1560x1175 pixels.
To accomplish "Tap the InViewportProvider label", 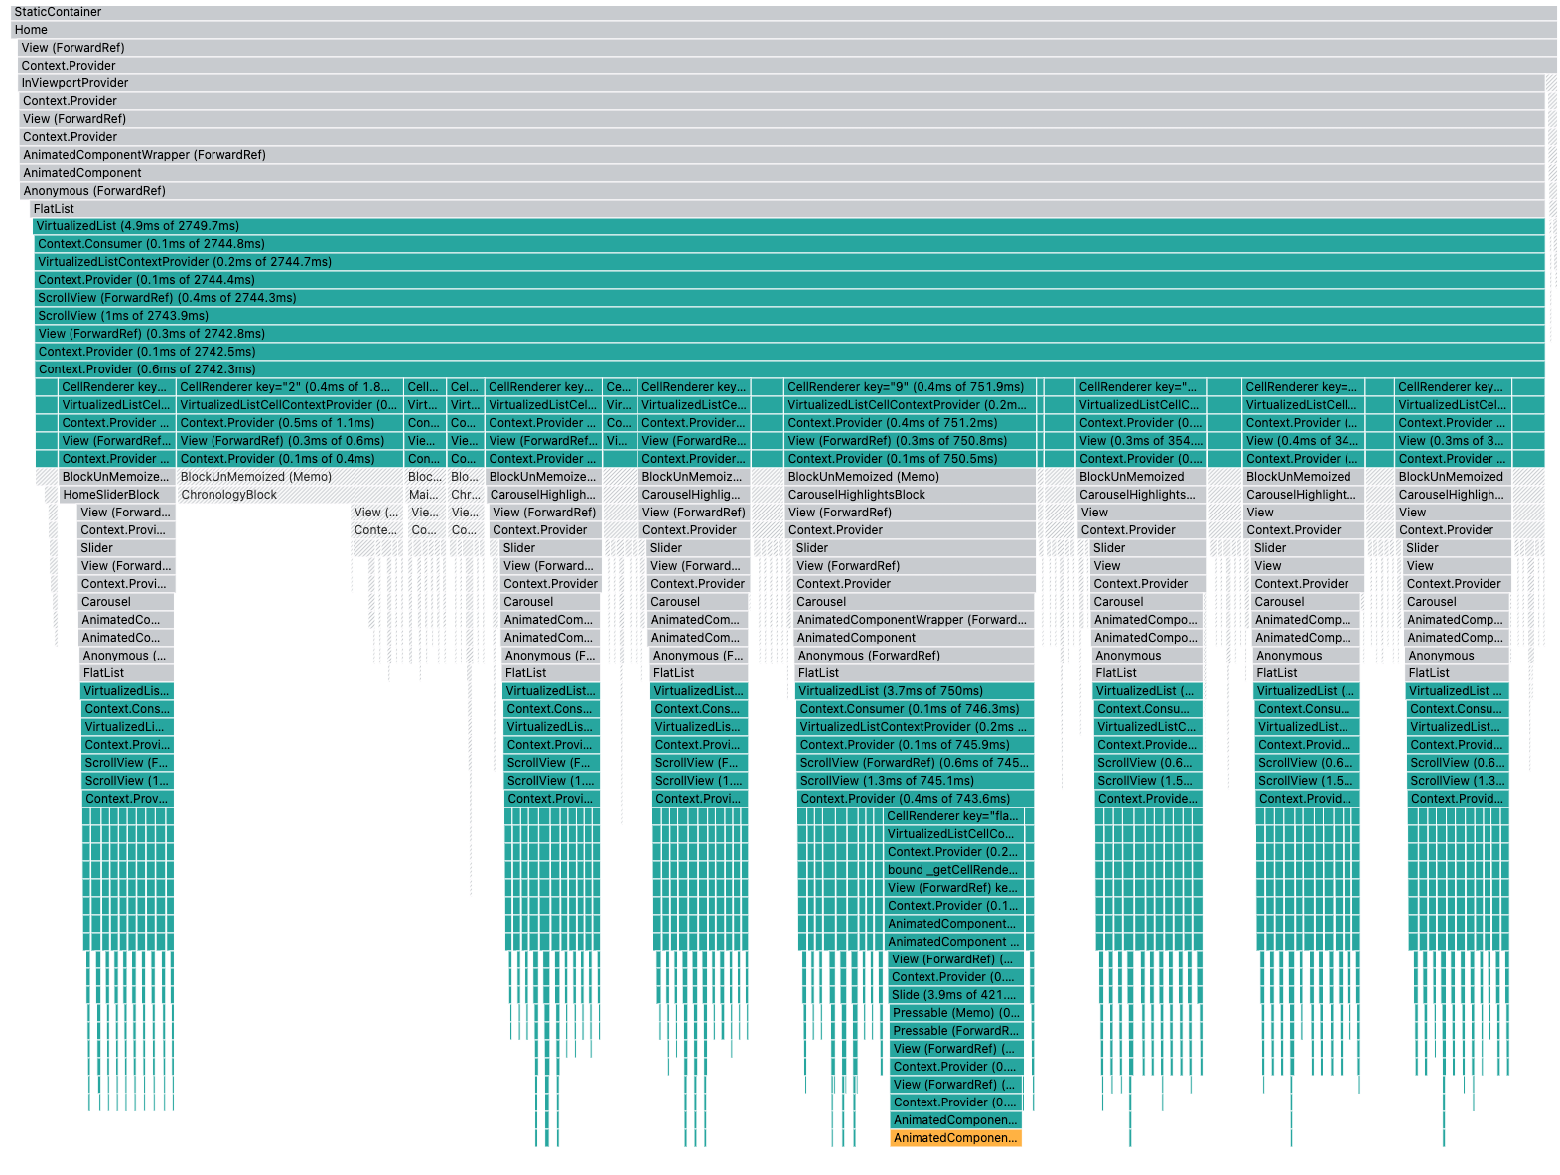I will (75, 83).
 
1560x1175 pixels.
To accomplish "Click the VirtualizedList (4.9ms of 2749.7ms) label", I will (138, 226).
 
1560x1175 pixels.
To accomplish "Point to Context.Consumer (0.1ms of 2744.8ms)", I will (151, 244).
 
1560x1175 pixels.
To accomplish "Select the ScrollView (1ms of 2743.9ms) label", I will (123, 316).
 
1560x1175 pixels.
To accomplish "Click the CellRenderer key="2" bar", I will (288, 387).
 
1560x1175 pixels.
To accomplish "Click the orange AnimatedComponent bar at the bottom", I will (955, 1138).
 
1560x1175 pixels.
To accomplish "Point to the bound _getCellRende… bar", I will (953, 870).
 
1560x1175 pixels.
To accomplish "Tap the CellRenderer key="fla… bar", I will (953, 816).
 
